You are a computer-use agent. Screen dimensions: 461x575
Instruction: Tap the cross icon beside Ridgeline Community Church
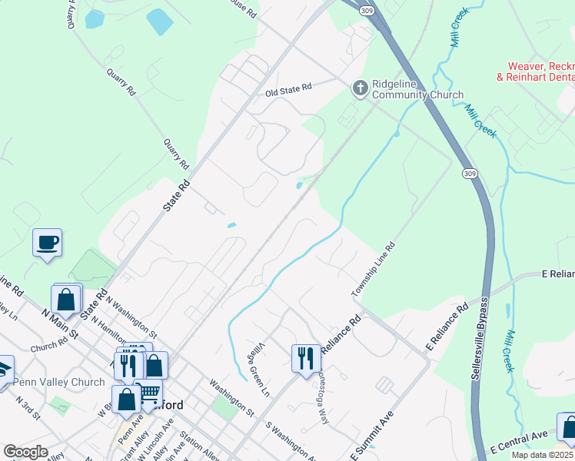(x=359, y=89)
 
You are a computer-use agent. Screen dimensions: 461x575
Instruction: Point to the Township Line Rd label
(x=373, y=270)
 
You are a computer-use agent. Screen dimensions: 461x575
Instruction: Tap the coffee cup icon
(x=47, y=242)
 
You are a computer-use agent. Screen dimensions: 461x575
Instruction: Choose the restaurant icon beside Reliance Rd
(x=305, y=357)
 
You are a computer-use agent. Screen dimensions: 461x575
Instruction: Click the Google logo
(x=25, y=453)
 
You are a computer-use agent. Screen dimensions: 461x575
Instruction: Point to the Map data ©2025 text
(x=543, y=455)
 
